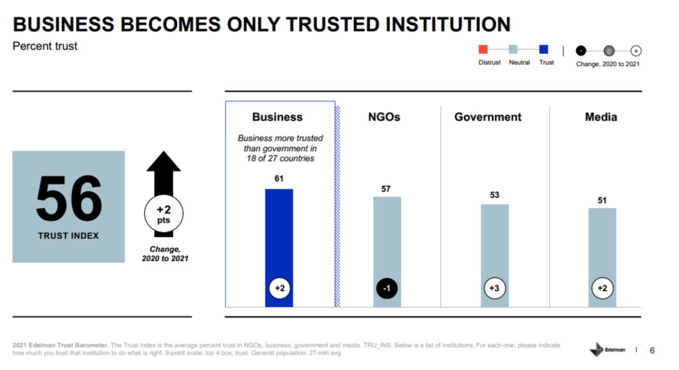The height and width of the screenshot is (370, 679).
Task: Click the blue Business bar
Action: [278, 239]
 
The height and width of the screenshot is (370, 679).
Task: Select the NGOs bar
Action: [387, 239]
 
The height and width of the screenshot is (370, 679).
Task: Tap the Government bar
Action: [494, 245]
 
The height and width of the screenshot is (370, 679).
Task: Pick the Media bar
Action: [601, 245]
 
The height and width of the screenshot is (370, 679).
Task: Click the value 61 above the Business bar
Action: [278, 179]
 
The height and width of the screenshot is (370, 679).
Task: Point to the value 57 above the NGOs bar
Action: [387, 189]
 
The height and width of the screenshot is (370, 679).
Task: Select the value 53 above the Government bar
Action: [494, 195]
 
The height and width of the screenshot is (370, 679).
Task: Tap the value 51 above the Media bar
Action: [601, 200]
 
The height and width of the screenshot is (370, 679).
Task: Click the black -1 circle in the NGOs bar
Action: [387, 288]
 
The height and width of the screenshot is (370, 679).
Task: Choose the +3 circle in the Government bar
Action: [494, 288]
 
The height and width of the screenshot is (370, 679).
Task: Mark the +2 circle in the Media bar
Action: [601, 288]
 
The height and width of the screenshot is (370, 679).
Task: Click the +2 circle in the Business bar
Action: [278, 288]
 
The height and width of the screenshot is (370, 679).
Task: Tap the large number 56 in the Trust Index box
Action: [68, 200]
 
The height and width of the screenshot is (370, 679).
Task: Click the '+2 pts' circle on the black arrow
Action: [163, 214]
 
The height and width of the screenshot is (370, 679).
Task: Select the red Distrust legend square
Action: [483, 49]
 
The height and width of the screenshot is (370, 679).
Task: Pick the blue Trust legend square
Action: [544, 49]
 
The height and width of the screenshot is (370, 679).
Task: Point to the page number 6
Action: [652, 350]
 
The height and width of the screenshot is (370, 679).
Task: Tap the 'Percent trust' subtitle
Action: [45, 46]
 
